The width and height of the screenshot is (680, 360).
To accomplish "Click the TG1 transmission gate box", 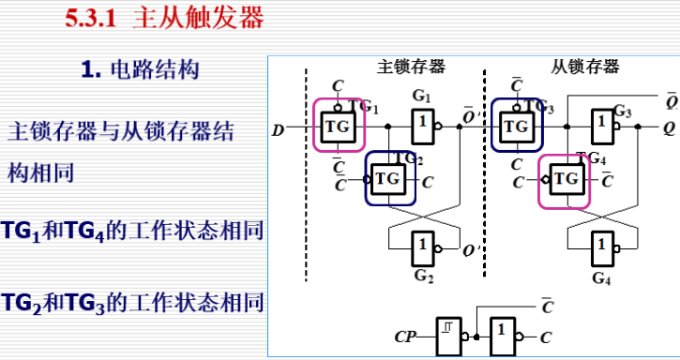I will pyautogui.click(x=338, y=125).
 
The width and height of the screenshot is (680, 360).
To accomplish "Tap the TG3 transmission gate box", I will pyautogui.click(x=516, y=125).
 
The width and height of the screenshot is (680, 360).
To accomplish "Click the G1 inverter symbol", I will pyautogui.click(x=424, y=125).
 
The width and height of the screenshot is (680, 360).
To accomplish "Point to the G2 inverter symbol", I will pyautogui.click(x=424, y=250).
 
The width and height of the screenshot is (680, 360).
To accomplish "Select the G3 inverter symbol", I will pyautogui.click(x=602, y=125).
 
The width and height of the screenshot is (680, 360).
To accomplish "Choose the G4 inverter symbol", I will pyautogui.click(x=602, y=250).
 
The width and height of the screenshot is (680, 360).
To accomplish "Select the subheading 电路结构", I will pyautogui.click(x=154, y=69).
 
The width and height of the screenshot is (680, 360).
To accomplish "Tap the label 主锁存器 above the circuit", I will pyautogui.click(x=411, y=67).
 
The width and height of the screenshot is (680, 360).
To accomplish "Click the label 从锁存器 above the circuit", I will pyautogui.click(x=585, y=67).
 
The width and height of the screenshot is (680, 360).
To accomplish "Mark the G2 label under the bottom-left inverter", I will pyautogui.click(x=424, y=278).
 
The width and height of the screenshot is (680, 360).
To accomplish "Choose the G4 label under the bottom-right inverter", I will pyautogui.click(x=601, y=278).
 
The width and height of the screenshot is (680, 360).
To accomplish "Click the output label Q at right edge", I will pyautogui.click(x=669, y=126).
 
